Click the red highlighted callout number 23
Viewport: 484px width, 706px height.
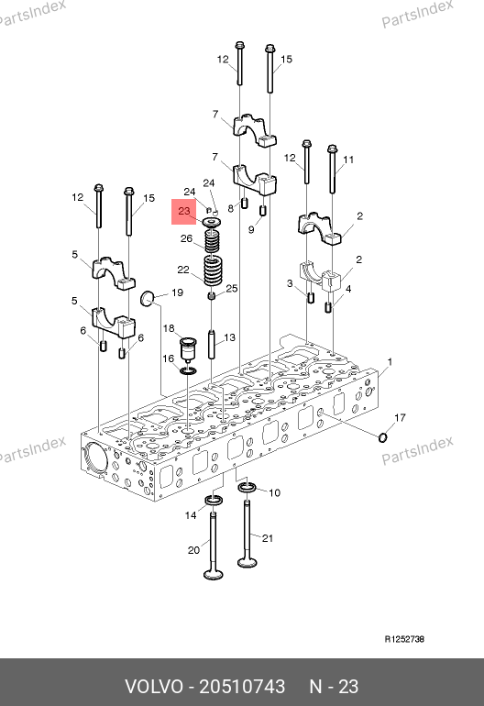coord(184,211)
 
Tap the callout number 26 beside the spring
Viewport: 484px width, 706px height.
coord(186,238)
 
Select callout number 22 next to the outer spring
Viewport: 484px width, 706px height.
coord(183,270)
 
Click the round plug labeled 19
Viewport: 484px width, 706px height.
coord(148,298)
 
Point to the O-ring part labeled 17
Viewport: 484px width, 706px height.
coord(382,436)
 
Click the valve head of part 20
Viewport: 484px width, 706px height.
coord(213,575)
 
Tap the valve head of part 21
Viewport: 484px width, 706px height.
coord(247,562)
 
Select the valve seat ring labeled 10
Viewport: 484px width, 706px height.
coord(247,487)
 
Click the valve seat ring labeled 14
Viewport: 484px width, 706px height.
coord(214,500)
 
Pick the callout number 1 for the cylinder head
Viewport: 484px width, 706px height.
coord(390,361)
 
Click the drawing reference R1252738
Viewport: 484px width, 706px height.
coord(404,639)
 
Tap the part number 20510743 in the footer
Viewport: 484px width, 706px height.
coord(242,687)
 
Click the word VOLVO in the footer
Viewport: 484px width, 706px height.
coord(154,687)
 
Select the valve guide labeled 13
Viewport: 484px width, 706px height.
coord(212,345)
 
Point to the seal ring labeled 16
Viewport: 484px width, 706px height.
coord(188,370)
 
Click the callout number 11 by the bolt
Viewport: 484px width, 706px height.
coord(348,160)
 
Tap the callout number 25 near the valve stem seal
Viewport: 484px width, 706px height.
coord(231,288)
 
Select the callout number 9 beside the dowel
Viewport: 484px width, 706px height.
coord(251,229)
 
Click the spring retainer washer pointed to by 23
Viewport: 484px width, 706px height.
coord(212,223)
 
